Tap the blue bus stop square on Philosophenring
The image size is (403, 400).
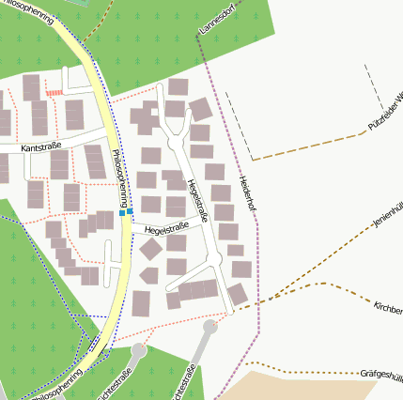(x=122, y=213)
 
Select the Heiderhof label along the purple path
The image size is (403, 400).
(x=248, y=189)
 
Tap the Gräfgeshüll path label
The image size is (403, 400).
(x=380, y=374)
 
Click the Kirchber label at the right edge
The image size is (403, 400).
(x=388, y=309)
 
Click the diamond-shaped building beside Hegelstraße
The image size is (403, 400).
(x=150, y=250)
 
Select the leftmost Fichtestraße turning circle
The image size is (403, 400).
(x=139, y=350)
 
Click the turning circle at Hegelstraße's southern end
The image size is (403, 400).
(x=210, y=327)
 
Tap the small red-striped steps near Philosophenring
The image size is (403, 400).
(x=54, y=93)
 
